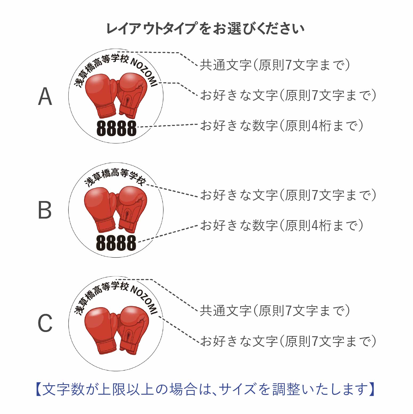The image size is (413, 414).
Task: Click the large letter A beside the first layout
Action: pyautogui.click(x=45, y=96)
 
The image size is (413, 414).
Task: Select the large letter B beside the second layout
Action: pyautogui.click(x=45, y=210)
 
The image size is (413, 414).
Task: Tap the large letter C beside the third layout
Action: pyautogui.click(x=45, y=323)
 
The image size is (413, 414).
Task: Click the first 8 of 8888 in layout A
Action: pyautogui.click(x=101, y=128)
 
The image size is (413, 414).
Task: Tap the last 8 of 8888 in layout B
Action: pyautogui.click(x=131, y=243)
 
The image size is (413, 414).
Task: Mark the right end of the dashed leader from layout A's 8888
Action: pyautogui.click(x=197, y=124)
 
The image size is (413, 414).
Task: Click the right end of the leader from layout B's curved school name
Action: pyautogui.click(x=198, y=196)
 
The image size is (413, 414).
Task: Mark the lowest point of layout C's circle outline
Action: pyautogui.click(x=116, y=371)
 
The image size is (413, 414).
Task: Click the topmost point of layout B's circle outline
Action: pyautogui.click(x=116, y=163)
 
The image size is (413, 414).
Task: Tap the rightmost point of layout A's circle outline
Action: pyautogui.click(x=163, y=96)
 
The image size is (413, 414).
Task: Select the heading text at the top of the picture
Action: pyautogui.click(x=205, y=29)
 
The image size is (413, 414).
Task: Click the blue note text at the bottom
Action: pyautogui.click(x=205, y=389)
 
